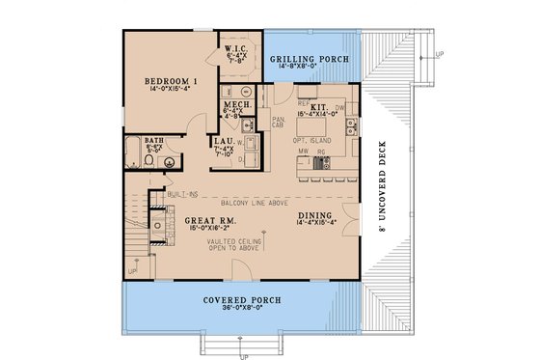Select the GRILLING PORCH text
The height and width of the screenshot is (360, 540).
click(310, 60)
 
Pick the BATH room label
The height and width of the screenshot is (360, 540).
click(154, 140)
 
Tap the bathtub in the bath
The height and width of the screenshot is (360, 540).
click(133, 155)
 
